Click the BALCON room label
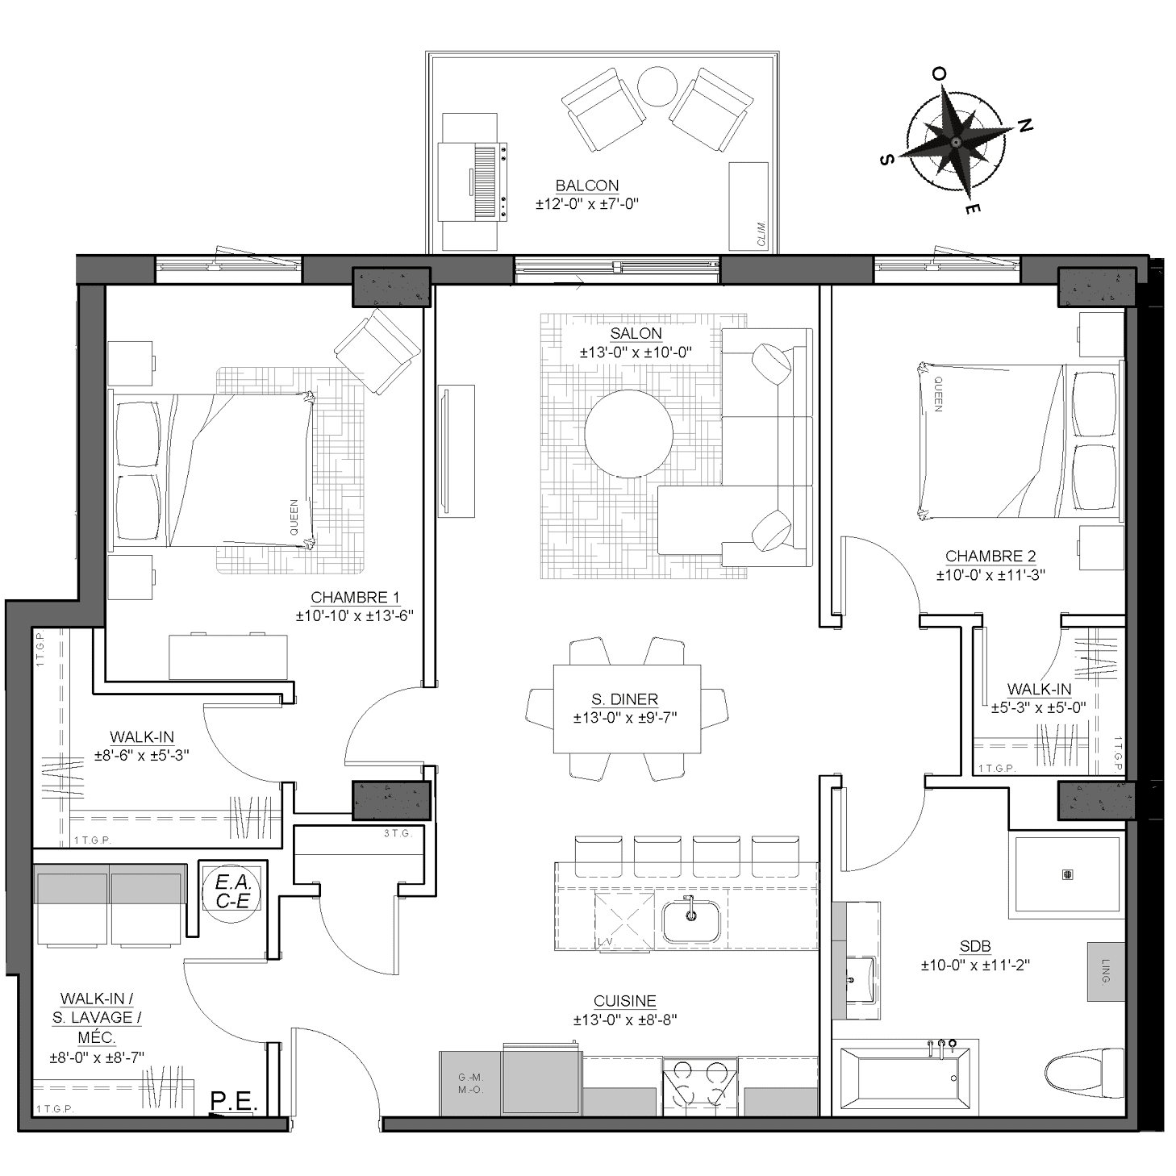pyautogui.click(x=587, y=186)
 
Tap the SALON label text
pyautogui.click(x=636, y=334)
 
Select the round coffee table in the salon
pyautogui.click(x=628, y=434)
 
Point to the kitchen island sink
pyautogui.click(x=690, y=922)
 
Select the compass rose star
pyautogui.click(x=955, y=142)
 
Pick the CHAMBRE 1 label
pyautogui.click(x=355, y=598)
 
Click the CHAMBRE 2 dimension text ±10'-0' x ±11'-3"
pyautogui.click(x=991, y=575)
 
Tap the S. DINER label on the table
pyautogui.click(x=625, y=699)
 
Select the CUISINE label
pyautogui.click(x=625, y=1002)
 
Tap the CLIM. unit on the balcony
pyautogui.click(x=749, y=206)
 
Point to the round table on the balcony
pyautogui.click(x=657, y=86)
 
